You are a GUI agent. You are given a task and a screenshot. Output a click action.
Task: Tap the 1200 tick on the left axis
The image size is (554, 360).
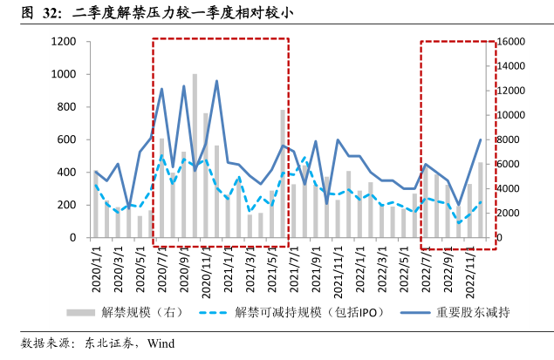[x=62, y=42]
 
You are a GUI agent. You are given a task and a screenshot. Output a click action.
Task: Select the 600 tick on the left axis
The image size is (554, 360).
[x=65, y=139]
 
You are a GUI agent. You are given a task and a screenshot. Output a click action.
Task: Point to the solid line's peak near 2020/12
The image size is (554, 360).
[x=216, y=81]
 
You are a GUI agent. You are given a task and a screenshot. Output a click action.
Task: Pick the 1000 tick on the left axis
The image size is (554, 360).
[x=62, y=74]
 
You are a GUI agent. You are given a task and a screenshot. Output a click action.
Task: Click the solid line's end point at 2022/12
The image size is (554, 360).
[x=481, y=139]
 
